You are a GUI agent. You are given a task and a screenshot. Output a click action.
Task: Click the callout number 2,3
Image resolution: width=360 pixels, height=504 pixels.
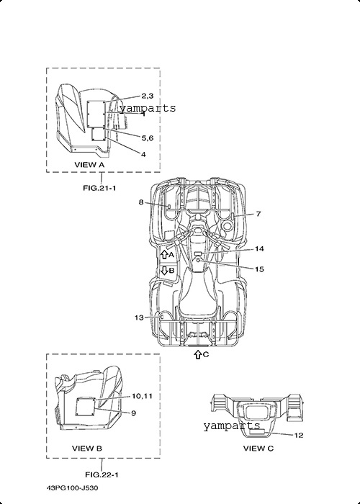click(148, 96)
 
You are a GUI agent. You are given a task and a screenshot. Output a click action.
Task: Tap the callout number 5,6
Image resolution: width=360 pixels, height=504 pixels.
click(148, 138)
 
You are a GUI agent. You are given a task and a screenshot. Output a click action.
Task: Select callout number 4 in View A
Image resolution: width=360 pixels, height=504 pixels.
click(143, 154)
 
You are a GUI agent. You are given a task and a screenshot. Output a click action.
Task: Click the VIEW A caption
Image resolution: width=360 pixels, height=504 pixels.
click(90, 165)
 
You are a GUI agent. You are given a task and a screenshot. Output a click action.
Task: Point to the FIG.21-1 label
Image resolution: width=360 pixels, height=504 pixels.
click(99, 188)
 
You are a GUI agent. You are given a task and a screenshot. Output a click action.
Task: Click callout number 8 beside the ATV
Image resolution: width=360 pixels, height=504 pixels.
click(141, 202)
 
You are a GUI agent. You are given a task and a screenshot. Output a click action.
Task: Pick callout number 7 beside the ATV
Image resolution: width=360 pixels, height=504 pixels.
click(258, 214)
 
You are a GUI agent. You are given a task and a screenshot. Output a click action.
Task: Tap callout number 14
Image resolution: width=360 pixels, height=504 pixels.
click(259, 249)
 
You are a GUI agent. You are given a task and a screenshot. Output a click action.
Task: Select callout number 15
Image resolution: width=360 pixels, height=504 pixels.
click(259, 269)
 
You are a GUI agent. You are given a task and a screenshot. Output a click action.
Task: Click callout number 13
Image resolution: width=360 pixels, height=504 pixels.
click(139, 318)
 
